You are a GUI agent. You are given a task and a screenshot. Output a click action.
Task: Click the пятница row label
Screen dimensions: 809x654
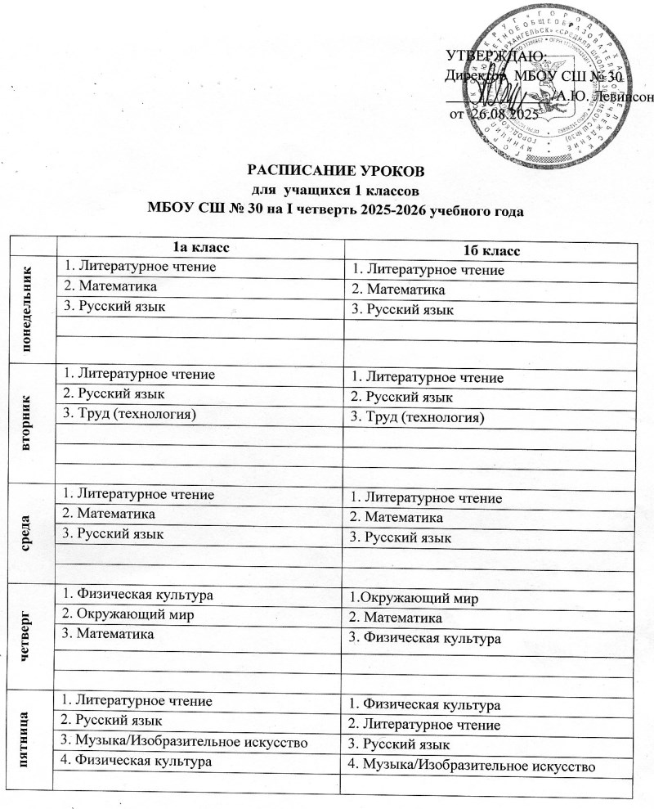click(32, 741)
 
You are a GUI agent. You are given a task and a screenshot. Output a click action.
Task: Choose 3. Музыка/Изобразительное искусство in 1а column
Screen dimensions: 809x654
click(181, 742)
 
